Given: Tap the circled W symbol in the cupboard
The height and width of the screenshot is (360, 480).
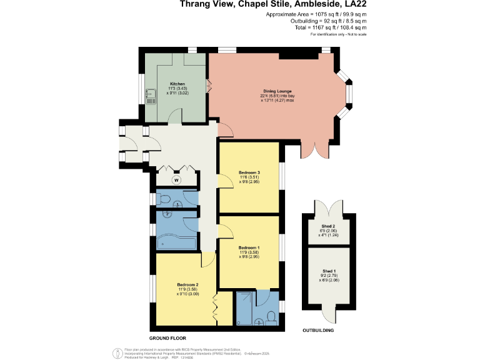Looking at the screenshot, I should click(x=176, y=179).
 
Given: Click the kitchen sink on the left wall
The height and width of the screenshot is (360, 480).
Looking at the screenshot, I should click(x=150, y=99).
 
